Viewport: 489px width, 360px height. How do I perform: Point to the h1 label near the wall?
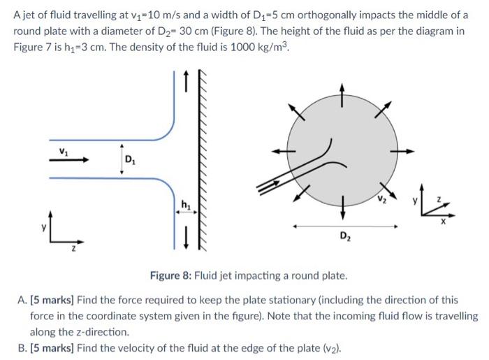click(186, 204)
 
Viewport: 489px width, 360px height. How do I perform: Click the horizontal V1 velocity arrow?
click(70, 159)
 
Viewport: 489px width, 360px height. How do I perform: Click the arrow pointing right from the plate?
click(406, 150)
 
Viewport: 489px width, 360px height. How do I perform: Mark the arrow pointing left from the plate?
click(280, 150)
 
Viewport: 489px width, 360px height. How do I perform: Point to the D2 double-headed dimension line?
click(345, 226)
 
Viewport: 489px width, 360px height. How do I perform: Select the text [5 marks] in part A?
click(49, 300)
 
